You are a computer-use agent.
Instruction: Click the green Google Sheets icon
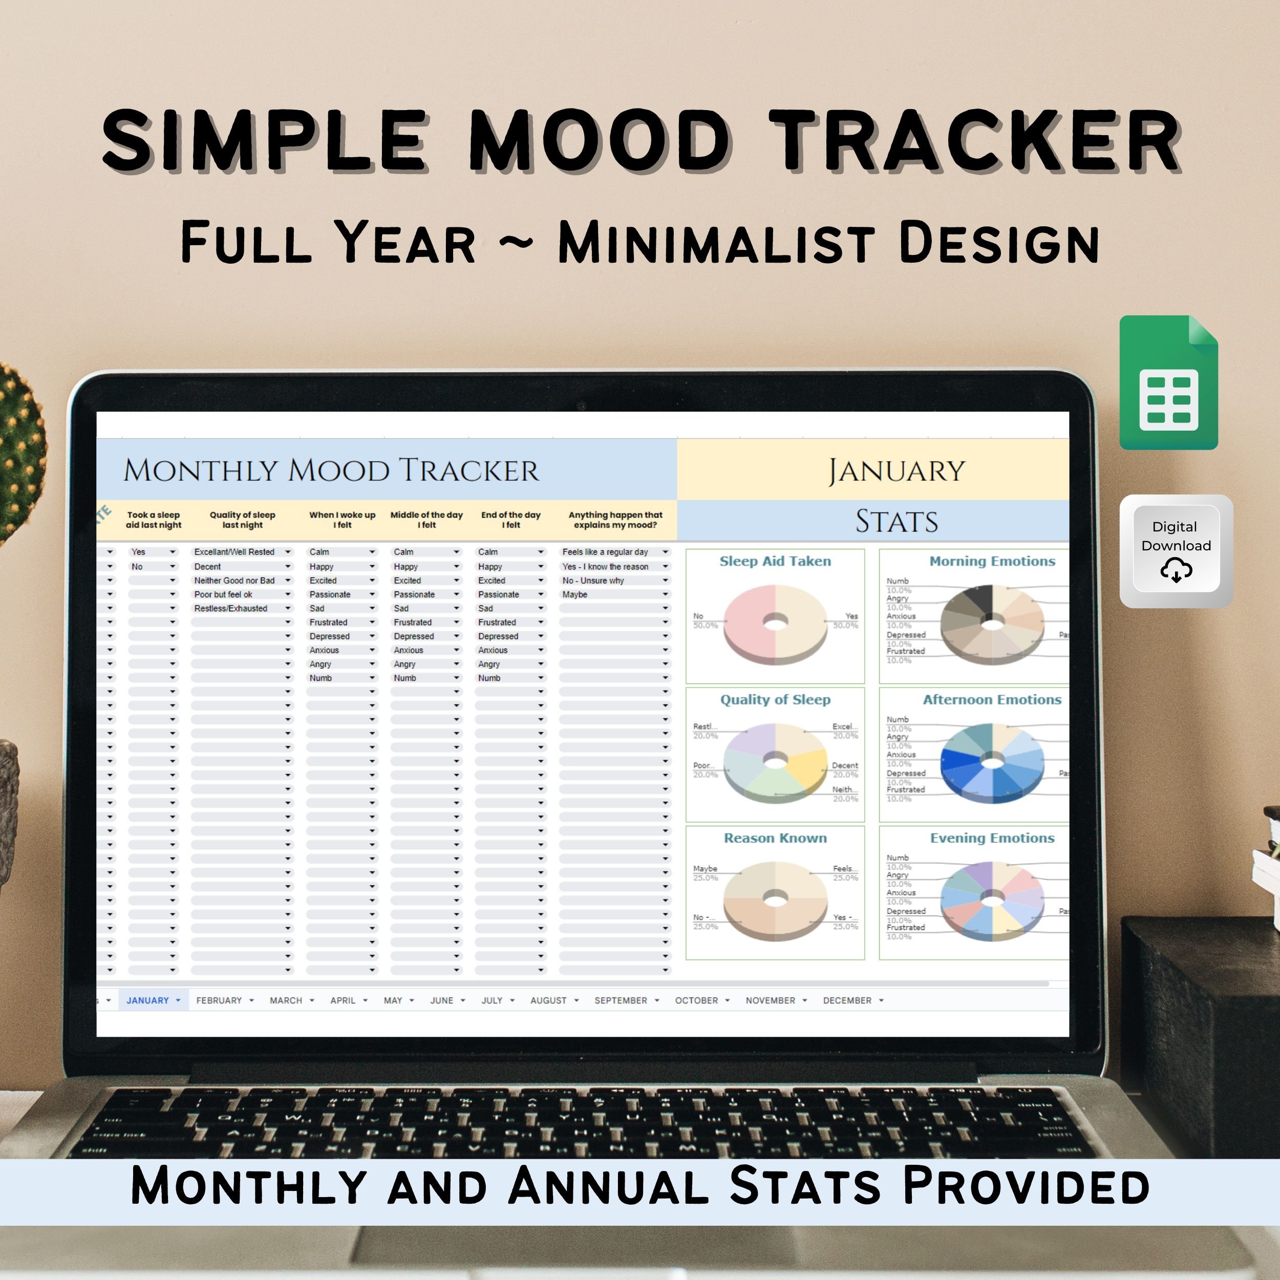point(1168,383)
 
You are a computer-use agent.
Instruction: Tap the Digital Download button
point(1176,550)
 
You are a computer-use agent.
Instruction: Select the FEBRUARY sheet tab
point(219,1000)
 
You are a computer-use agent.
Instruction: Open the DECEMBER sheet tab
point(847,1000)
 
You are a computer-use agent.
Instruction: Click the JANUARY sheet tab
point(148,1000)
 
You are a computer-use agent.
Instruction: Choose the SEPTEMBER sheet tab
point(621,1000)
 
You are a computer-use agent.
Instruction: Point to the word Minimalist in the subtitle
point(717,243)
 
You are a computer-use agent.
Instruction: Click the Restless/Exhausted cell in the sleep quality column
point(231,608)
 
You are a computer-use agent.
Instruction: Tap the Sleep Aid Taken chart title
point(775,561)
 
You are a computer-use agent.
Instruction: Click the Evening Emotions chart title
point(992,838)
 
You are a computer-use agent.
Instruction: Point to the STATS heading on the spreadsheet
point(897,521)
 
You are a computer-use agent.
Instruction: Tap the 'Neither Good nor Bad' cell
point(234,581)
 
